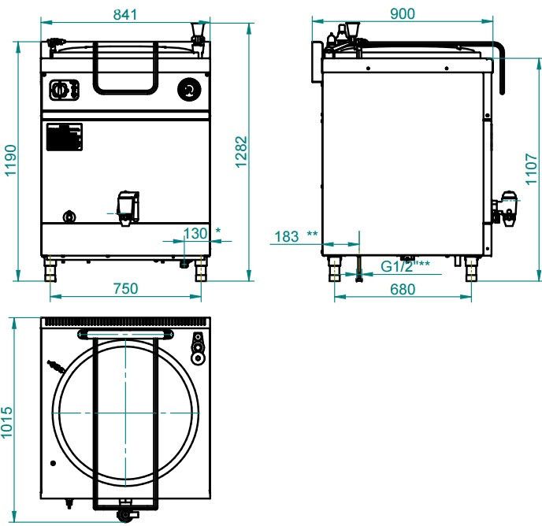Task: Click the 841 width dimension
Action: pyautogui.click(x=125, y=14)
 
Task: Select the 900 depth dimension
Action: pyautogui.click(x=403, y=14)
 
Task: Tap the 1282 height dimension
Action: pyautogui.click(x=241, y=152)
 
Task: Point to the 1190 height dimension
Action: pyautogui.click(x=10, y=161)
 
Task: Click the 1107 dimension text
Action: pyautogui.click(x=531, y=169)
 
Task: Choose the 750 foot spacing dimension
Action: pyautogui.click(x=126, y=288)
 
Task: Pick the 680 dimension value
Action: pyautogui.click(x=403, y=289)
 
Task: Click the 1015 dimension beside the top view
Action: pyautogui.click(x=6, y=422)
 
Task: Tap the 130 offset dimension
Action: pyautogui.click(x=195, y=234)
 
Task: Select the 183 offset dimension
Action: pyautogui.click(x=287, y=237)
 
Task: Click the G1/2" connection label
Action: pyautogui.click(x=398, y=266)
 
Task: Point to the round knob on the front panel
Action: pyautogui.click(x=189, y=90)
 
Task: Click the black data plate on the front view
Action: pyautogui.click(x=65, y=137)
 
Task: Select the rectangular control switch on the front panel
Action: pyautogui.click(x=64, y=91)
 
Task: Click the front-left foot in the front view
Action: pyautogui.click(x=50, y=269)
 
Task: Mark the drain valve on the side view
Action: pyautogui.click(x=505, y=209)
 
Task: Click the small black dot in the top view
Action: pyautogui.click(x=53, y=463)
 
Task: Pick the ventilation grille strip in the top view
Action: pyautogui.click(x=125, y=322)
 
